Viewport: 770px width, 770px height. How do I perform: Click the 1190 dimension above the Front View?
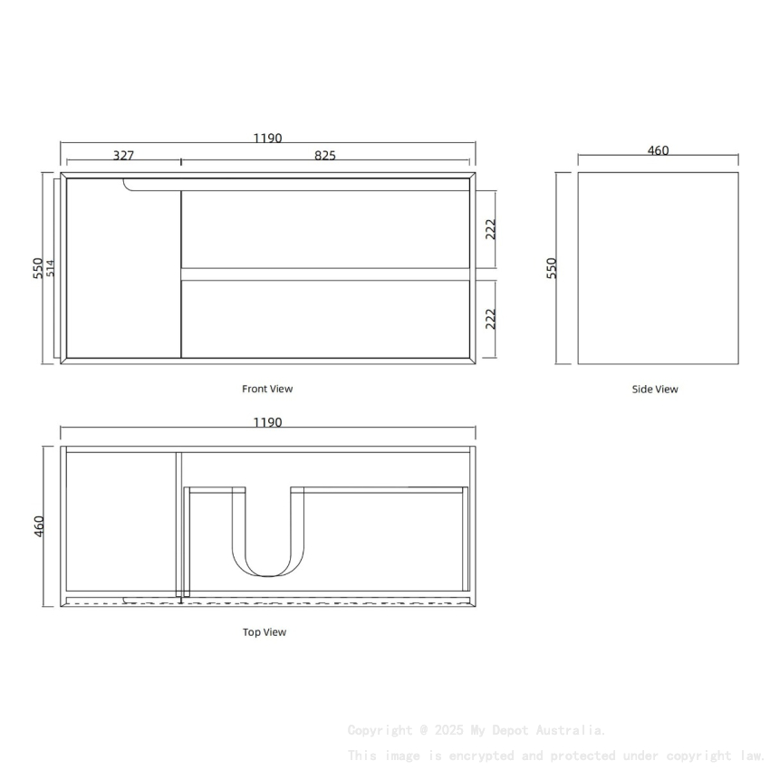[x=267, y=139]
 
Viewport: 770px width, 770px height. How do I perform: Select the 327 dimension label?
[x=124, y=155]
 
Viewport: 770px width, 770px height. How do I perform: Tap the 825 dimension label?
[x=325, y=155]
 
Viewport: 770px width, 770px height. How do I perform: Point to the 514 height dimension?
[x=52, y=268]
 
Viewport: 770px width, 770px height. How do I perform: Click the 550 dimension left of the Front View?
[x=38, y=268]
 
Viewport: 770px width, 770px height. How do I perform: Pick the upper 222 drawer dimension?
[x=490, y=228]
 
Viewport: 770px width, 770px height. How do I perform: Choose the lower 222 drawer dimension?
[x=490, y=319]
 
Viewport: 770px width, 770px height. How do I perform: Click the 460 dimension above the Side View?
[x=659, y=150]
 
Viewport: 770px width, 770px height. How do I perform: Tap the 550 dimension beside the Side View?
[x=552, y=268]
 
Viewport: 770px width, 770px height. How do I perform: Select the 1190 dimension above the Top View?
[x=267, y=422]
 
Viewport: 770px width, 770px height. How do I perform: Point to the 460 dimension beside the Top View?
[x=38, y=526]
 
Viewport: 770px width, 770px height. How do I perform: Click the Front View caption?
[x=267, y=389]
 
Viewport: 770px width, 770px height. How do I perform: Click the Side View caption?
[x=655, y=390]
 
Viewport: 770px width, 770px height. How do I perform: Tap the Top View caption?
[x=265, y=632]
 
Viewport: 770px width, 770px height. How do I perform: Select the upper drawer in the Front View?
[x=325, y=228]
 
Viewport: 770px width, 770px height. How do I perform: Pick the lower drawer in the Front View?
[x=325, y=319]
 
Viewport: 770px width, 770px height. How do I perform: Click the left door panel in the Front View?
[x=122, y=272]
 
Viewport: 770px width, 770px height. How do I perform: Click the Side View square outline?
[x=659, y=268]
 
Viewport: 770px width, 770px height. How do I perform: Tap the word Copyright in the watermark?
[x=380, y=730]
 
